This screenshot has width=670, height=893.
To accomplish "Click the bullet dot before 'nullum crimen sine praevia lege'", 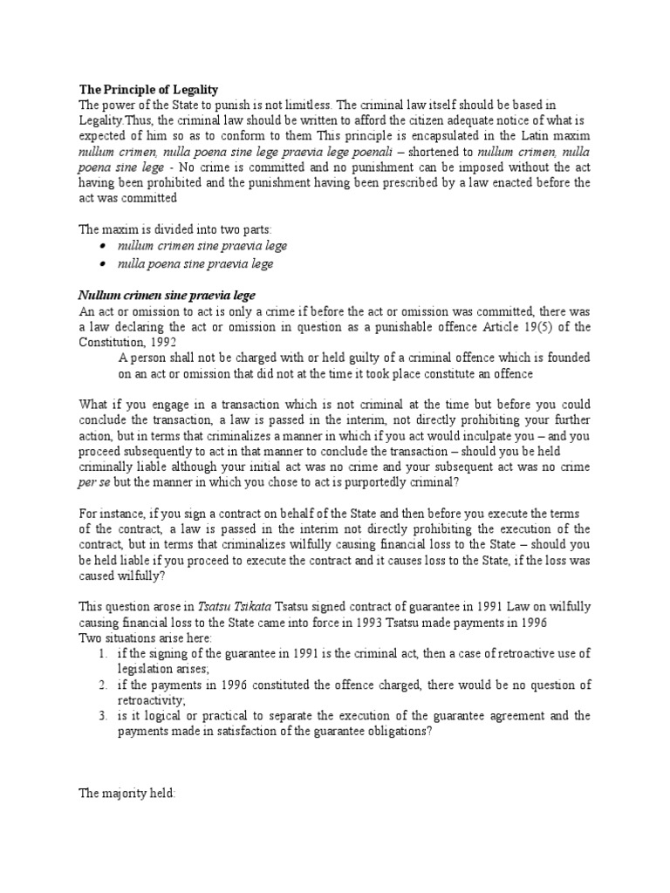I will click(104, 248).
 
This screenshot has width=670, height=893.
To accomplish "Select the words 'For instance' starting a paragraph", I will click(112, 514).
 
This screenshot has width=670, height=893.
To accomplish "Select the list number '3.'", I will click(103, 716).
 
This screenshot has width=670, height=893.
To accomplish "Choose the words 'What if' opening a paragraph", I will click(100, 405).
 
